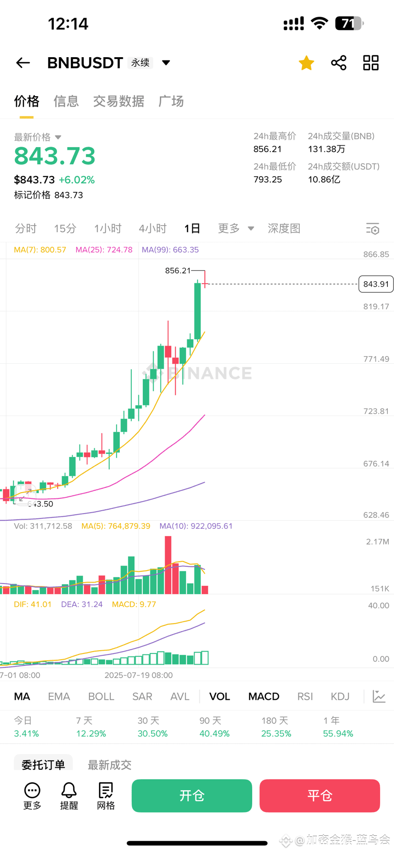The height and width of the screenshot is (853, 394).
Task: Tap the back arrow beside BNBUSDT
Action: coord(23,63)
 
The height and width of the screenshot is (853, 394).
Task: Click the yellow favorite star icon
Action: coord(306,63)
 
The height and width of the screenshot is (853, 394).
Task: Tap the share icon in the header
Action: coord(339,63)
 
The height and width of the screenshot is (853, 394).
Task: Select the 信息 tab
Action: coord(66,101)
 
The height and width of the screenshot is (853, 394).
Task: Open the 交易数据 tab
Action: coord(118,101)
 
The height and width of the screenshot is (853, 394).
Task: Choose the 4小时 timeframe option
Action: coord(153,228)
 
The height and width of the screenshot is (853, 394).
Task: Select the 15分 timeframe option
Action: coord(65,228)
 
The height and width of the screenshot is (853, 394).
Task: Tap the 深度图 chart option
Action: coord(284,228)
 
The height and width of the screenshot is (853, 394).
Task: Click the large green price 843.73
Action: coord(55,156)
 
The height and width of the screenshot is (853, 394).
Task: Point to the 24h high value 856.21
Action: coord(267,149)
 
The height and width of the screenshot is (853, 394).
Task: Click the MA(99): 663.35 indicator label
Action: coord(170,250)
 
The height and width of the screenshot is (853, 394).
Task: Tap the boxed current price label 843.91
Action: coord(376,284)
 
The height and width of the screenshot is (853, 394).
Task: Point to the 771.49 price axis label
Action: coord(376,359)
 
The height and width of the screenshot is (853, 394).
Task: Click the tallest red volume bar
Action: coord(168,565)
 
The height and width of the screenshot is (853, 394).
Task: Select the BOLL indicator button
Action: coord(101,697)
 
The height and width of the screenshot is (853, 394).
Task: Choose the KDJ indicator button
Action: coord(340,697)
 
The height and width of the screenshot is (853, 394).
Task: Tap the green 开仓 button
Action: coord(192,796)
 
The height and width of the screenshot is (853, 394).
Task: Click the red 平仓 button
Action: coord(320,796)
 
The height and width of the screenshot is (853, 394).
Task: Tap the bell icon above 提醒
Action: coord(69,790)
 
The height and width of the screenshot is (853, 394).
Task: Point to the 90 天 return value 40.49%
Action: coord(215,734)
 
